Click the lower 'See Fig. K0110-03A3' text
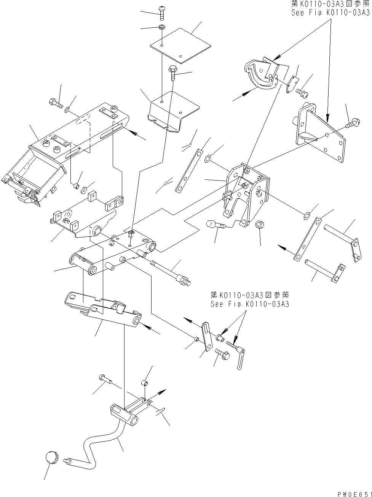click(249, 304)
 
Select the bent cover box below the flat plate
click(173, 111)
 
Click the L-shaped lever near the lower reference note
click(239, 357)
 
